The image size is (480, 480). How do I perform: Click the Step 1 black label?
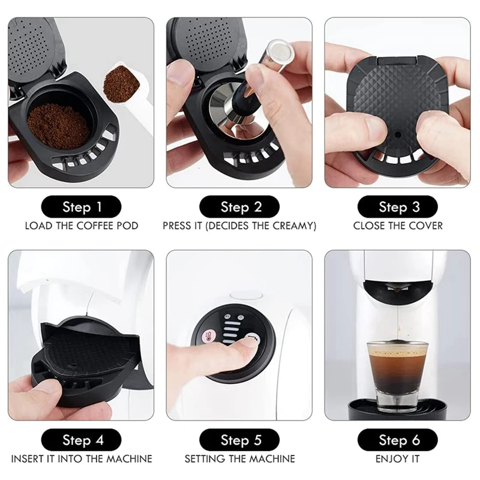(x=81, y=207)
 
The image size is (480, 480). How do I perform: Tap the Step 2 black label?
(x=239, y=207)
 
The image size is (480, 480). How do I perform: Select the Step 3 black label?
(x=398, y=207)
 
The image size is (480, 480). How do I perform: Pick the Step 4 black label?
(x=81, y=440)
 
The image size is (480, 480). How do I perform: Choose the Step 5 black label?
(x=239, y=440)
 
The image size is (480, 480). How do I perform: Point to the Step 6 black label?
(x=398, y=440)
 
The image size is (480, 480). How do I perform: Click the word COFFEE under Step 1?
(x=91, y=226)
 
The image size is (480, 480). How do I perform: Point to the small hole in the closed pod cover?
(x=398, y=134)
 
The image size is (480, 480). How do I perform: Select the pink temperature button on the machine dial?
(x=210, y=336)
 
